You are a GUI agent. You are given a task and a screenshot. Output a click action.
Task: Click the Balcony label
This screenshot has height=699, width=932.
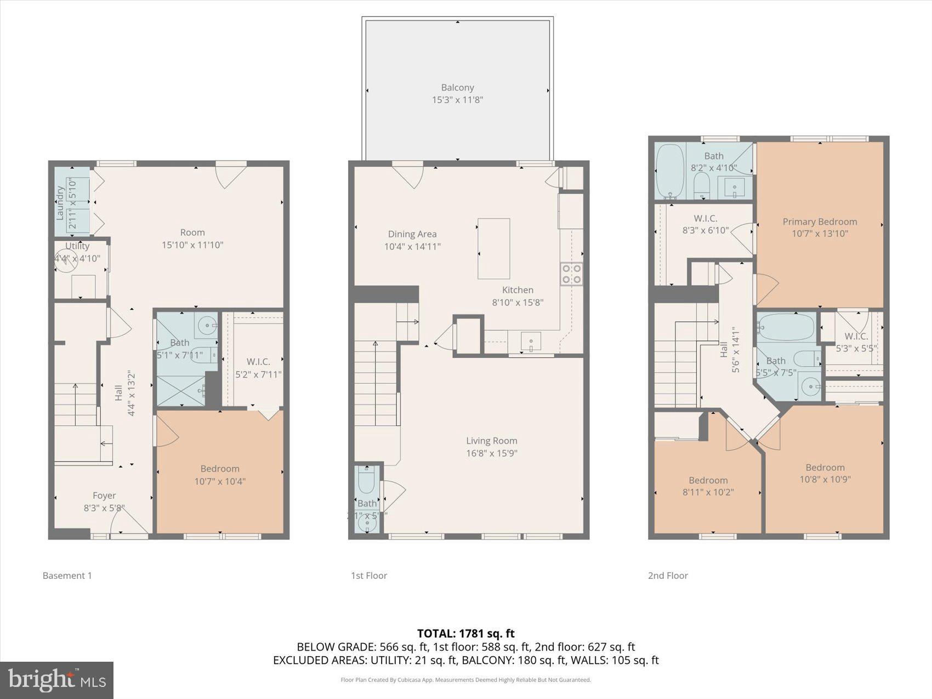[x=457, y=88]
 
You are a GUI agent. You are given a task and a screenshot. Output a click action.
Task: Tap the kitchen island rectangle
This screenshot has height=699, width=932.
[x=493, y=248]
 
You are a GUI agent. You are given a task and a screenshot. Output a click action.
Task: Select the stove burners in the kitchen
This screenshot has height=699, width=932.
[x=571, y=274]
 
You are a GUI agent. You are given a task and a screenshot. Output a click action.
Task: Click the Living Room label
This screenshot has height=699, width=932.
[x=491, y=441]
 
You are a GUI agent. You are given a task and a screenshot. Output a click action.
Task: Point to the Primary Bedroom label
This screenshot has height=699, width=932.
[x=820, y=221]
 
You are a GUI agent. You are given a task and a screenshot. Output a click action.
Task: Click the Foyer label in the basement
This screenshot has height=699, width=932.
[x=104, y=496]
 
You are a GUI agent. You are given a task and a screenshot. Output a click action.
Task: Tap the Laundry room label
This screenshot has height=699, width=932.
[x=60, y=203]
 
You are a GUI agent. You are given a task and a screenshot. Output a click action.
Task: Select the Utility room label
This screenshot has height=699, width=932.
[x=77, y=246]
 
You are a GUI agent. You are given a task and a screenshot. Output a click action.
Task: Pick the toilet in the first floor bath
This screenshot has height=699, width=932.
[x=366, y=481]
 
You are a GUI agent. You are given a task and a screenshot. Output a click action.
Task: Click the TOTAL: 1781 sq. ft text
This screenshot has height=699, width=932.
[x=465, y=634]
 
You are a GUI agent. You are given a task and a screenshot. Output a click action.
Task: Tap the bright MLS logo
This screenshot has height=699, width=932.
[x=56, y=680]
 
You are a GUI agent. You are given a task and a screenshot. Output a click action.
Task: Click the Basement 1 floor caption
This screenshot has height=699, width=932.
[x=67, y=576]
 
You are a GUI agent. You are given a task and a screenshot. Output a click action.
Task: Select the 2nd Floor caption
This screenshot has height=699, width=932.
[x=667, y=576]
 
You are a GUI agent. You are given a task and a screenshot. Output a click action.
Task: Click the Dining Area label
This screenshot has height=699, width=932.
[x=412, y=234]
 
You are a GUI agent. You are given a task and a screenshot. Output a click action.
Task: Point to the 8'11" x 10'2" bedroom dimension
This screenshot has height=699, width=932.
[x=708, y=492]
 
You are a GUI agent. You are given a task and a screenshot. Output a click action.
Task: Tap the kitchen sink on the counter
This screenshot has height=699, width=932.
[x=531, y=342]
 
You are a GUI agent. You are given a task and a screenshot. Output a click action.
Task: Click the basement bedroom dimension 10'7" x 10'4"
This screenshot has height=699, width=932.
[x=220, y=481]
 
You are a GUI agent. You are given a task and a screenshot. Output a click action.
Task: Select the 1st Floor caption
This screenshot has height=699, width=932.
[x=368, y=576]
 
